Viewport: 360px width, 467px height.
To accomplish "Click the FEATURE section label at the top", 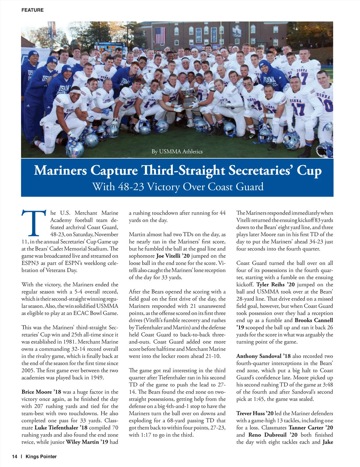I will (x=32, y=10).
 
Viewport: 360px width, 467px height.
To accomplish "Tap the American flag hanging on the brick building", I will (x=160, y=35).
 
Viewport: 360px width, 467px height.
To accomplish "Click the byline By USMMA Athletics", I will (x=177, y=152).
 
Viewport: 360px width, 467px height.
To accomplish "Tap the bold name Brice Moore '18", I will (x=41, y=392).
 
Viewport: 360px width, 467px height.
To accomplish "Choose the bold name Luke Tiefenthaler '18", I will (x=76, y=428).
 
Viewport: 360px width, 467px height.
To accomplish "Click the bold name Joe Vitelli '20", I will (x=173, y=256).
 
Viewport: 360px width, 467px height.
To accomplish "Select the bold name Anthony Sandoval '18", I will (x=263, y=356).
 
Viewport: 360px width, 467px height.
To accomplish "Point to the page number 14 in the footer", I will (x=15, y=457).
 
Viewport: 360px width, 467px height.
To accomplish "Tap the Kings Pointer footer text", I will (x=41, y=457).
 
